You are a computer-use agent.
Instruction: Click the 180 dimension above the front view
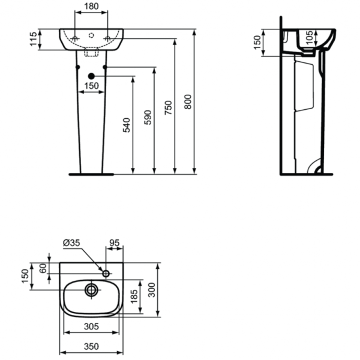[91, 7]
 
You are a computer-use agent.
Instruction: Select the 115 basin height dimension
[34, 39]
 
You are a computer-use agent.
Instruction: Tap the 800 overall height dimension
[188, 102]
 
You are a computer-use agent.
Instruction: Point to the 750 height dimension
[168, 107]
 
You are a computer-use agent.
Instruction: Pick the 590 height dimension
[148, 118]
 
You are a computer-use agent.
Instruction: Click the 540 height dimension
[127, 125]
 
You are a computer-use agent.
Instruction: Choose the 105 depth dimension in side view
[310, 37]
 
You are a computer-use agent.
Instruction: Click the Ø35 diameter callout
[71, 242]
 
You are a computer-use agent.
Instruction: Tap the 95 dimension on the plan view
[114, 242]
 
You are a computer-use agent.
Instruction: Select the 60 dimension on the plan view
[43, 268]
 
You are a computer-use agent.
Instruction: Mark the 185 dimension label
[134, 296]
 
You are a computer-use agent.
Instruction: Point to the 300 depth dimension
[152, 290]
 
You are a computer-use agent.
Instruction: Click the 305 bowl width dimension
[91, 326]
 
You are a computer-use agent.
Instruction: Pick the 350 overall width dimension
[91, 346]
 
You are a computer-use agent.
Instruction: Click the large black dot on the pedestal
[91, 76]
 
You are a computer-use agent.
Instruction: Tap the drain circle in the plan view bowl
[91, 290]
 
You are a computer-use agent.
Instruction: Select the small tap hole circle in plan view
[106, 274]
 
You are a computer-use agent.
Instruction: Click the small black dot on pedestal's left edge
[78, 67]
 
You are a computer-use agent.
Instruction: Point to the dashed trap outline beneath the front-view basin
[91, 52]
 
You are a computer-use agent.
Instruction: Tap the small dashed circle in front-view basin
[91, 35]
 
